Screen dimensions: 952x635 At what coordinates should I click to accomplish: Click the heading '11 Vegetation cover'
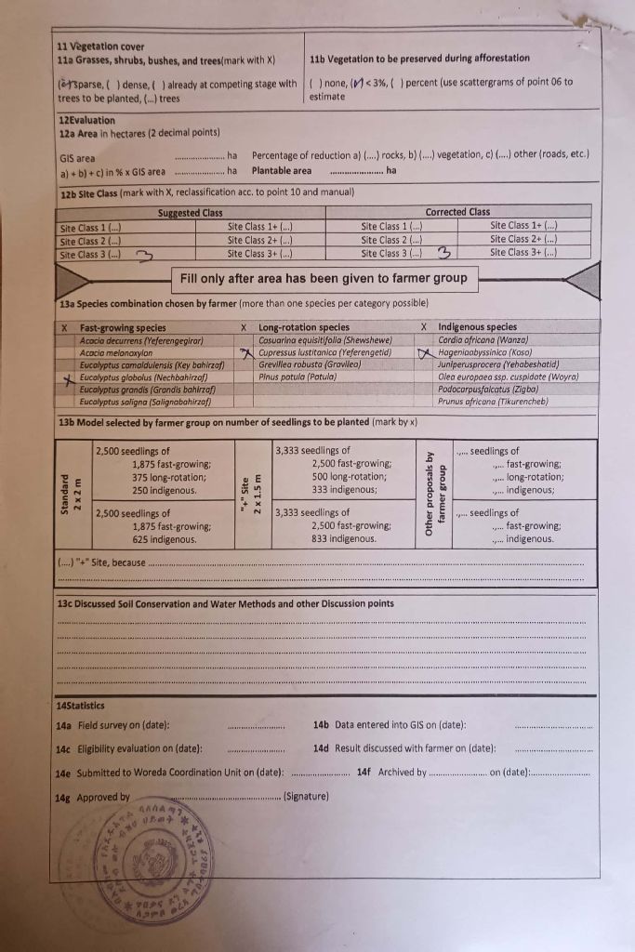pyautogui.click(x=100, y=46)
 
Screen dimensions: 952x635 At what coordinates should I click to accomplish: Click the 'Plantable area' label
pyautogui.click(x=282, y=171)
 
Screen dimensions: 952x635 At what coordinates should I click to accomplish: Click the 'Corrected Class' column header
pyautogui.click(x=457, y=213)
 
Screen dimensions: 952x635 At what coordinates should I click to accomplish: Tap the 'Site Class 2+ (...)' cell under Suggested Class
pyautogui.click(x=260, y=239)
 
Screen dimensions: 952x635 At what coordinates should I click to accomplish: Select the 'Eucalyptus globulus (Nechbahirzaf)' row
pyautogui.click(x=143, y=378)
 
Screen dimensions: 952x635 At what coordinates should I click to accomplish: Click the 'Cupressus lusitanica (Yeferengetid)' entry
pyautogui.click(x=324, y=353)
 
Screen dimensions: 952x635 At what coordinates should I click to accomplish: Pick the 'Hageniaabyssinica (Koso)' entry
pyautogui.click(x=485, y=353)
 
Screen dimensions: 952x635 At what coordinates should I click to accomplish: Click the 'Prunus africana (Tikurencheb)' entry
pyautogui.click(x=493, y=402)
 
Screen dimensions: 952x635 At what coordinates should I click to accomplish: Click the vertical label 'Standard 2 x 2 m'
pyautogui.click(x=72, y=493)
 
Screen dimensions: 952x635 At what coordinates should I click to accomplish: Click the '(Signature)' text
pyautogui.click(x=307, y=797)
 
